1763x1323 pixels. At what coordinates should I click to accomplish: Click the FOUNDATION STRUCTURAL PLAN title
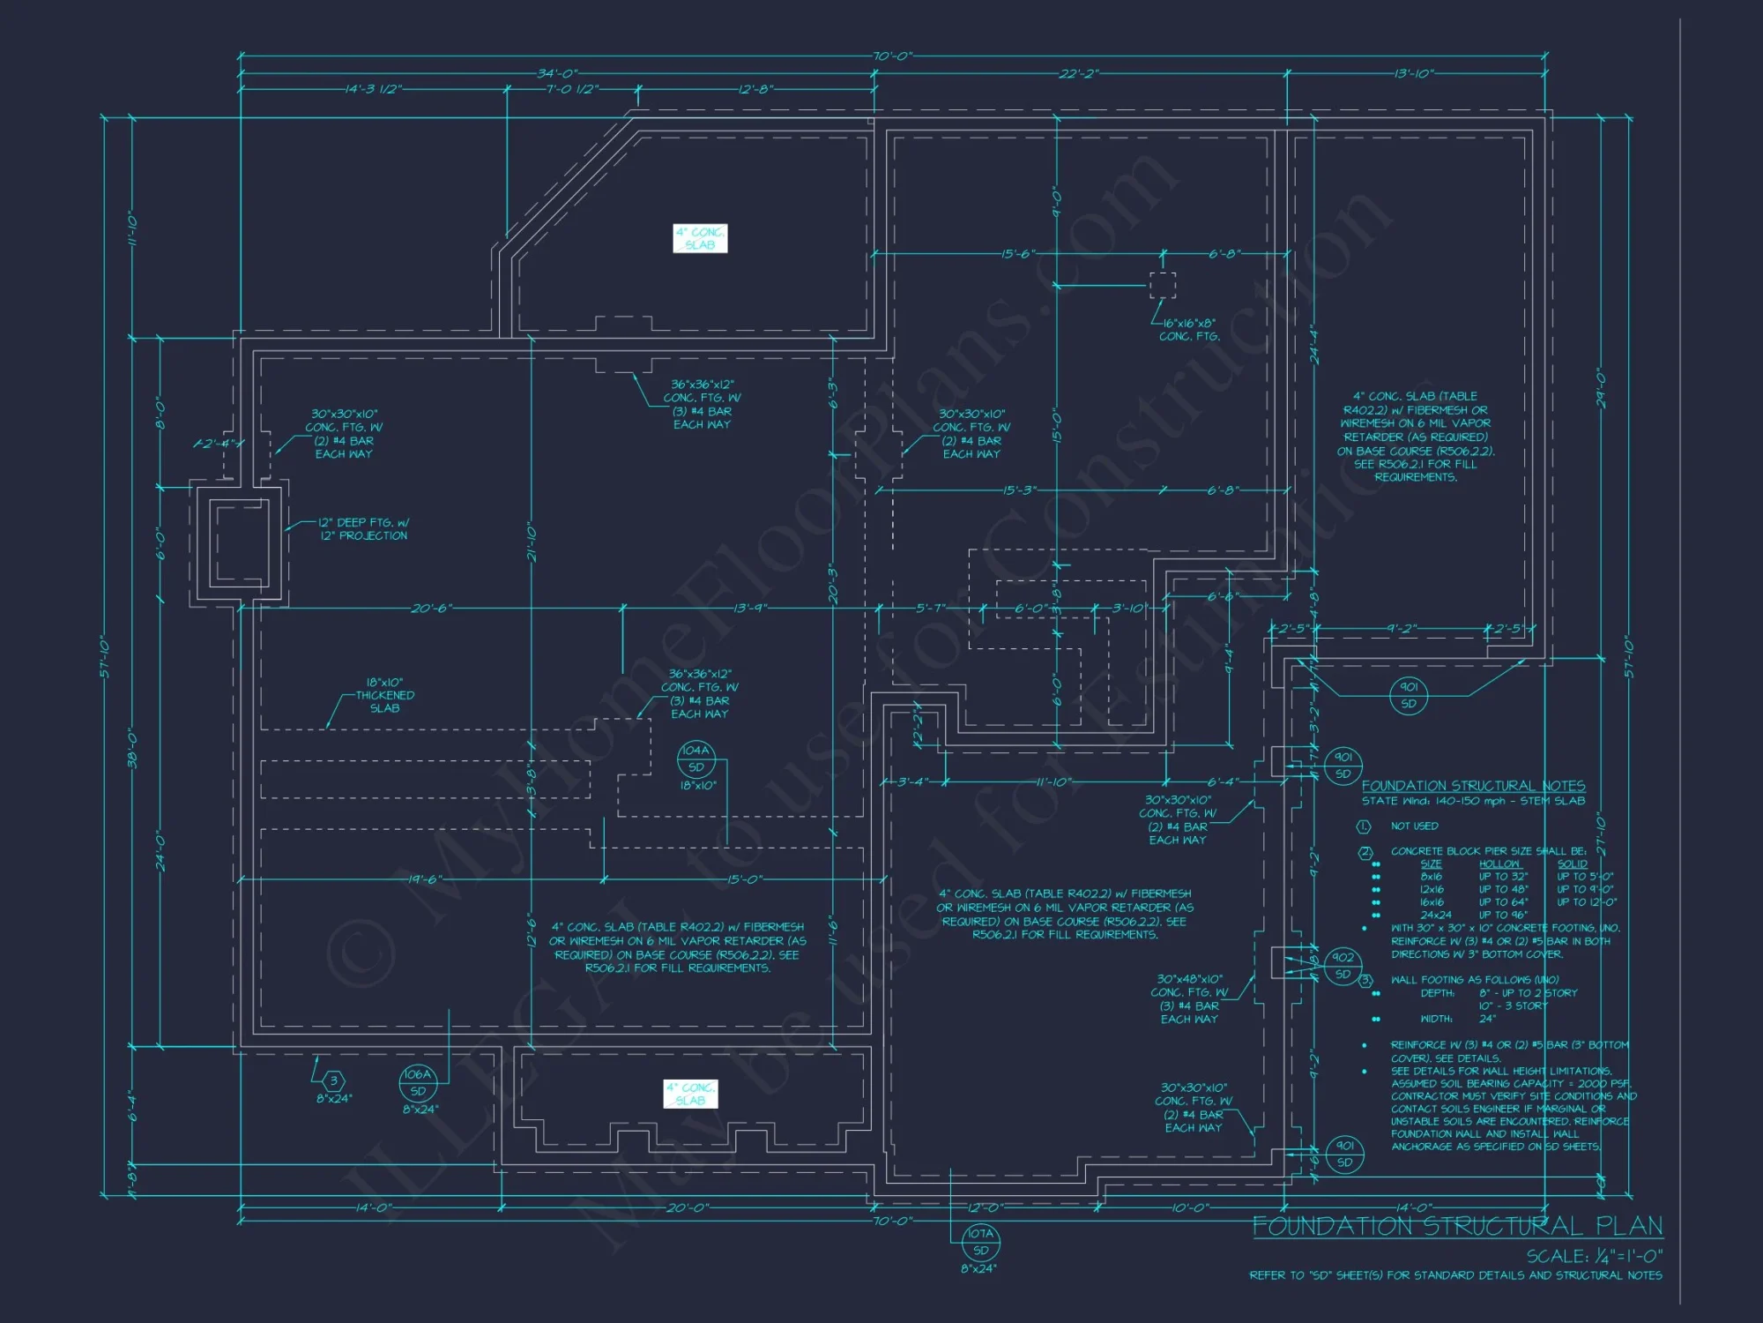pos(1457,1226)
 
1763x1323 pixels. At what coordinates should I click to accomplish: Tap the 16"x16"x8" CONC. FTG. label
pos(1189,330)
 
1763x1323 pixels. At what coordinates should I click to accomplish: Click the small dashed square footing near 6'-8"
pos(1162,286)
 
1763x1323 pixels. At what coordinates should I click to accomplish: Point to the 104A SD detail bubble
pos(696,759)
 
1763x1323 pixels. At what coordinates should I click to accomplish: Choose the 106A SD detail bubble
pos(418,1082)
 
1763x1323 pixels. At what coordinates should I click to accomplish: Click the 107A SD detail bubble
pos(980,1242)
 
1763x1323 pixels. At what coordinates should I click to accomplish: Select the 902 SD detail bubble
pos(1343,966)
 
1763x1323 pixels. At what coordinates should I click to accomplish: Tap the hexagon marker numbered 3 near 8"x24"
pos(333,1080)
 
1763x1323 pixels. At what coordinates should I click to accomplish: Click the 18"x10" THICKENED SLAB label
pos(384,695)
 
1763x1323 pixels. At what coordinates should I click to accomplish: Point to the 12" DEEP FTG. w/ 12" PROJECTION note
pos(363,529)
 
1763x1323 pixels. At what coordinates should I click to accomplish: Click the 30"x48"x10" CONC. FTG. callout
pos(1189,998)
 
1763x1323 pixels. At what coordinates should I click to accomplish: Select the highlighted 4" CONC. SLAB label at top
pos(700,239)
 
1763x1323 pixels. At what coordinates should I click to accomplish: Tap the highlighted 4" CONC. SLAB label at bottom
pos(690,1094)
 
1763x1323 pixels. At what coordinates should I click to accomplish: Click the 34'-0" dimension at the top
pos(557,74)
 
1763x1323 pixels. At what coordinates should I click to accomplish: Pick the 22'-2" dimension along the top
pos(1079,74)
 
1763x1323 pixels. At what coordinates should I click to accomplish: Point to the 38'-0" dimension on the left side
pos(132,750)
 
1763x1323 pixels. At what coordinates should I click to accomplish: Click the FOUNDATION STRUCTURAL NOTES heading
pos(1473,786)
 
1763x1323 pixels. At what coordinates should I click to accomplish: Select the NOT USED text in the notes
pos(1414,826)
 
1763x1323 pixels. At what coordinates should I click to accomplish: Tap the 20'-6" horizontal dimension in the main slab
pos(431,609)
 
